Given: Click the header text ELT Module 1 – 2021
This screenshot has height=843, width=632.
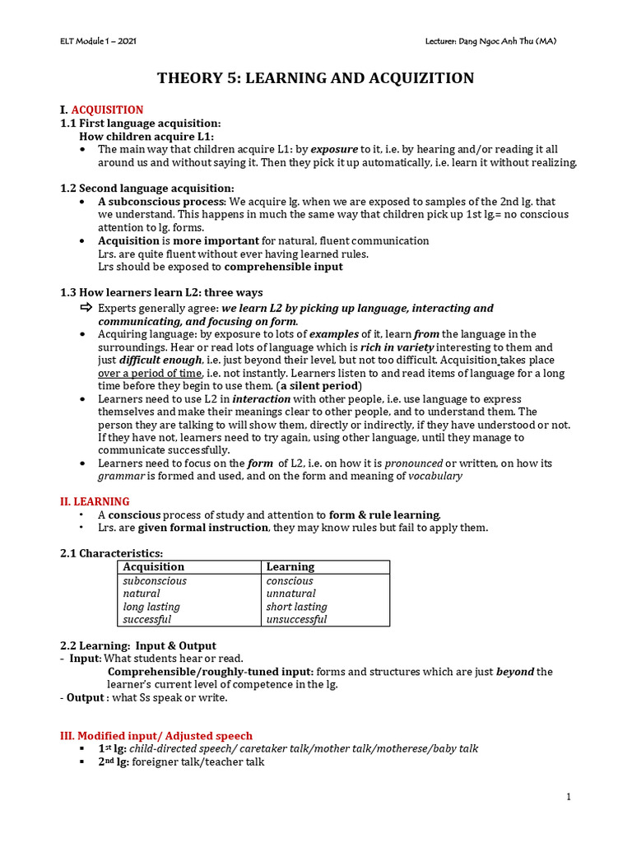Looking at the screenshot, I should (x=100, y=41).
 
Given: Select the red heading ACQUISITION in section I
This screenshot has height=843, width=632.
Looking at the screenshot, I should (x=107, y=109).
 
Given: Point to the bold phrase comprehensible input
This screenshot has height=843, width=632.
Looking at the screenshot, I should (x=283, y=267).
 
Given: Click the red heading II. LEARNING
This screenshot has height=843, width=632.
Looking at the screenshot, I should (x=95, y=501).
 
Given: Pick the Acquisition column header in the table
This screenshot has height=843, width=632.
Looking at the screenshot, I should (x=153, y=566).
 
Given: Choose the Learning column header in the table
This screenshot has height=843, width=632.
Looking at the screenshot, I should (x=290, y=566).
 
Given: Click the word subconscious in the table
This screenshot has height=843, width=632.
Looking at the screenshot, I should (x=155, y=580).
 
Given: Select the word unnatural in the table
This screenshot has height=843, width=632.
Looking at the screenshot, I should (x=290, y=594).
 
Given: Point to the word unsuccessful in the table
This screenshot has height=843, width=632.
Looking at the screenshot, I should (x=296, y=619).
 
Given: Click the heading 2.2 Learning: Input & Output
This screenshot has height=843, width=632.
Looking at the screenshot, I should (x=138, y=645).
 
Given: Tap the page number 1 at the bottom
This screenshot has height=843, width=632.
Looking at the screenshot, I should (x=568, y=796).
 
